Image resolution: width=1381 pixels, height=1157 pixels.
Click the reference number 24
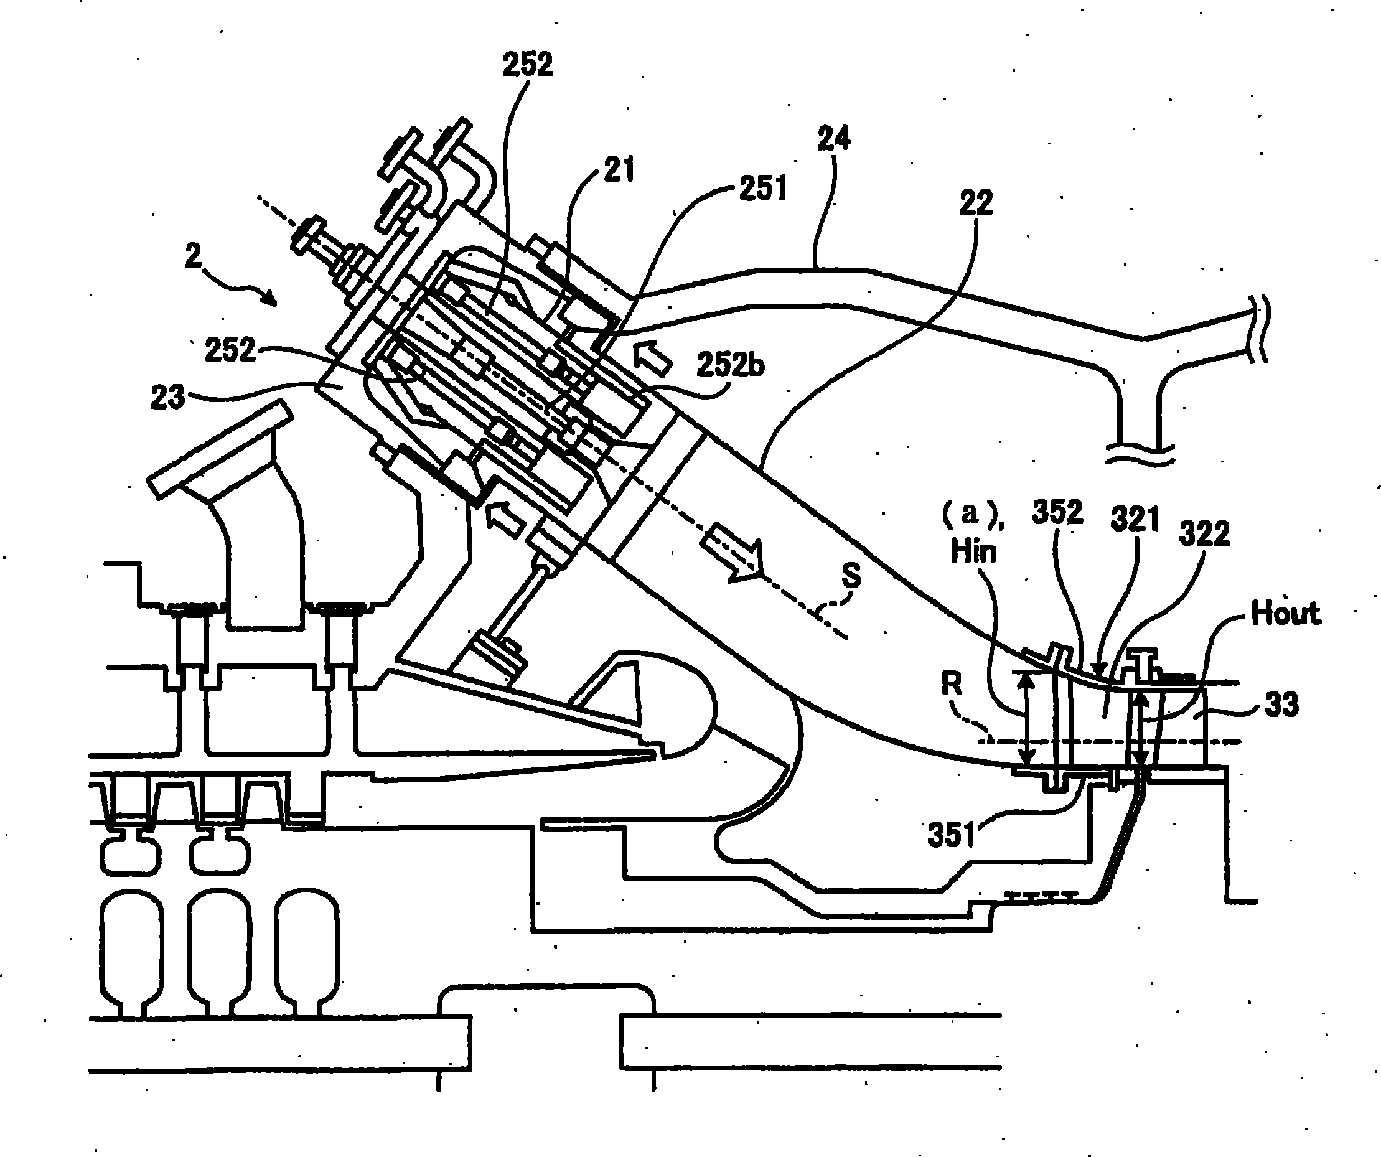834,139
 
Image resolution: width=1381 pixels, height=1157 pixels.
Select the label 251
763,189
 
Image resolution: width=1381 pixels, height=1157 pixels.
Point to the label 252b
730,364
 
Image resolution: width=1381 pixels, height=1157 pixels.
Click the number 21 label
619,170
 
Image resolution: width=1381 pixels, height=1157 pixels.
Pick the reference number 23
167,397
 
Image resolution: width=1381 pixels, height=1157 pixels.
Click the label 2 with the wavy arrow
193,255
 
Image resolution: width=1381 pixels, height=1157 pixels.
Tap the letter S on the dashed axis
851,576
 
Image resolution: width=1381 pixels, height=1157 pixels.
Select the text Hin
973,551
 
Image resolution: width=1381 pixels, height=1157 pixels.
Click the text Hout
1286,613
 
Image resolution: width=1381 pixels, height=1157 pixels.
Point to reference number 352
1057,512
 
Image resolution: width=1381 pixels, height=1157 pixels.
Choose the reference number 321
1135,519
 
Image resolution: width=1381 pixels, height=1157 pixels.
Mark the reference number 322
1204,533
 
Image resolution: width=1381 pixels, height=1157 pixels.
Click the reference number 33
1281,705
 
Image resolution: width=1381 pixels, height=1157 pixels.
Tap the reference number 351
951,834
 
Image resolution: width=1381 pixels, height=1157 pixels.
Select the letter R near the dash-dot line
952,685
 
